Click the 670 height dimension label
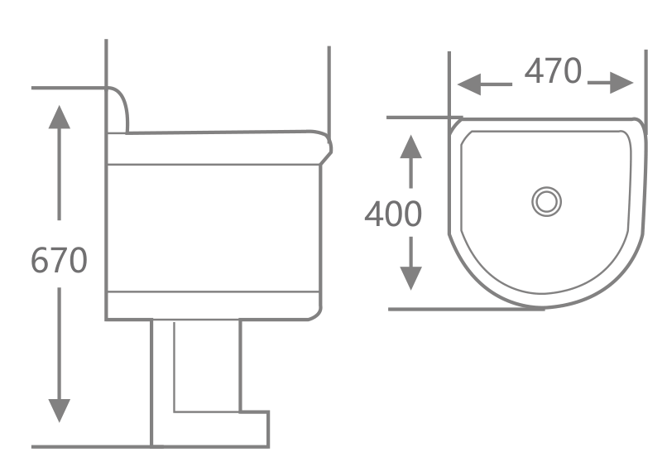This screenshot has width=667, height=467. click(x=59, y=261)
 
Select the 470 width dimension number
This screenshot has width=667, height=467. click(x=553, y=72)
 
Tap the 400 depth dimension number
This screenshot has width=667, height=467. click(x=393, y=214)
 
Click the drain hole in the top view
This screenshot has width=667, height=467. click(x=547, y=201)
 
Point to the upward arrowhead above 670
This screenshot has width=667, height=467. click(x=59, y=116)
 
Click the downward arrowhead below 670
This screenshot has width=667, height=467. click(x=59, y=410)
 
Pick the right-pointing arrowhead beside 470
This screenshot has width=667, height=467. click(x=621, y=83)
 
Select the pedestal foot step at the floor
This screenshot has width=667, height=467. click(x=255, y=429)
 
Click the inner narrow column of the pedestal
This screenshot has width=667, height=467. click(x=207, y=364)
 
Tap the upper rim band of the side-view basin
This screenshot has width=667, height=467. click(x=215, y=148)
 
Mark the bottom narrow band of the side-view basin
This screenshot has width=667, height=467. click(x=215, y=305)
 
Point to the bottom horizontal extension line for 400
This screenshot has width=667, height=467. click(x=463, y=309)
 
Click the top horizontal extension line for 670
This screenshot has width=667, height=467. click(x=66, y=87)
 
